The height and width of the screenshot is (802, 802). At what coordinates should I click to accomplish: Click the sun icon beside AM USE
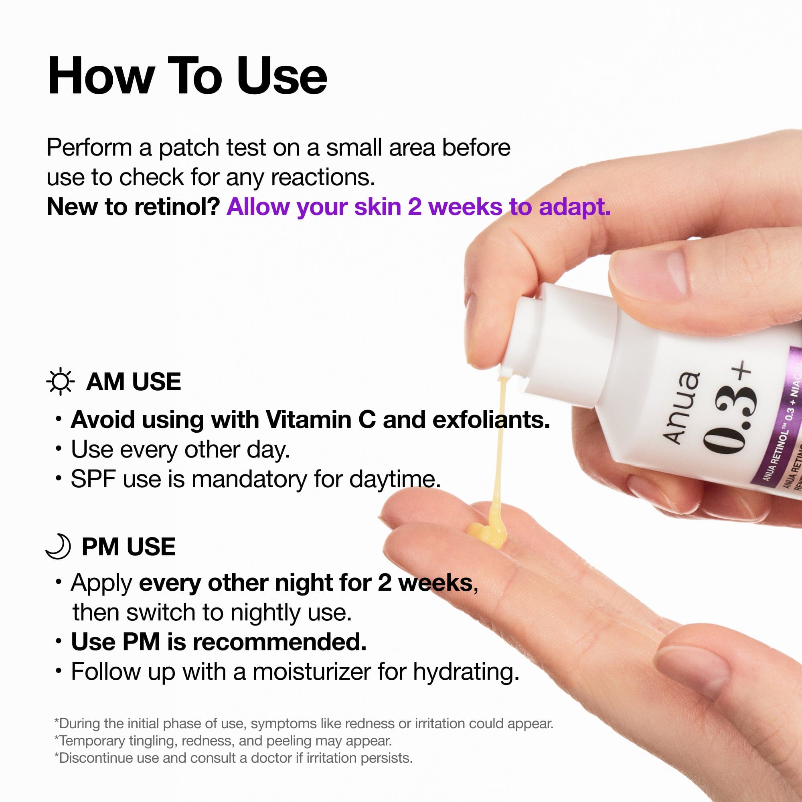(x=60, y=381)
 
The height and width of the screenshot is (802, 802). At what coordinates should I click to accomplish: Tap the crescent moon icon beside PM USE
(x=59, y=546)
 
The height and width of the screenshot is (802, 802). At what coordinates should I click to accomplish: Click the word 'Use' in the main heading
(x=282, y=77)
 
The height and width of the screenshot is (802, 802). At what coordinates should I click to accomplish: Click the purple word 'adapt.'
(x=575, y=207)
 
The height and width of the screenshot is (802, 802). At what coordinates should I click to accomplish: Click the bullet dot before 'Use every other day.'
(x=59, y=449)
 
